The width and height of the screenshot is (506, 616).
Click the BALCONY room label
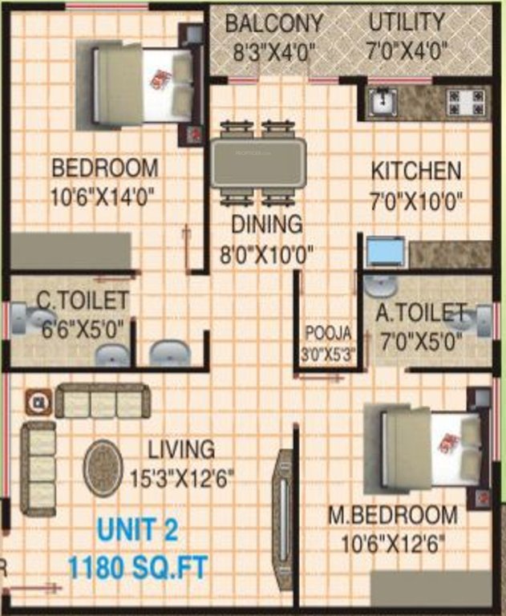pyautogui.click(x=273, y=23)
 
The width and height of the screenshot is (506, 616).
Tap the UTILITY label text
pyautogui.click(x=406, y=22)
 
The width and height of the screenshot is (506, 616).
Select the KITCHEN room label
pyautogui.click(x=415, y=171)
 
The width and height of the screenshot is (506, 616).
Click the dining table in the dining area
pyautogui.click(x=257, y=163)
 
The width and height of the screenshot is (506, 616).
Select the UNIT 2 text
pyautogui.click(x=137, y=530)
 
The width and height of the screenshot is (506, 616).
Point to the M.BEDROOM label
pyautogui.click(x=393, y=515)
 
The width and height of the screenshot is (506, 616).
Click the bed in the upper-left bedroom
pyautogui.click(x=143, y=84)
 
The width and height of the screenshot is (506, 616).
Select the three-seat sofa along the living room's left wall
pyautogui.click(x=38, y=468)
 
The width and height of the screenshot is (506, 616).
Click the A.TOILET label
pyautogui.click(x=420, y=311)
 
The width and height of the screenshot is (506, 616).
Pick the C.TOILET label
pyautogui.click(x=83, y=302)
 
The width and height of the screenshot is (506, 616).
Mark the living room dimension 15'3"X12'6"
pyautogui.click(x=181, y=480)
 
